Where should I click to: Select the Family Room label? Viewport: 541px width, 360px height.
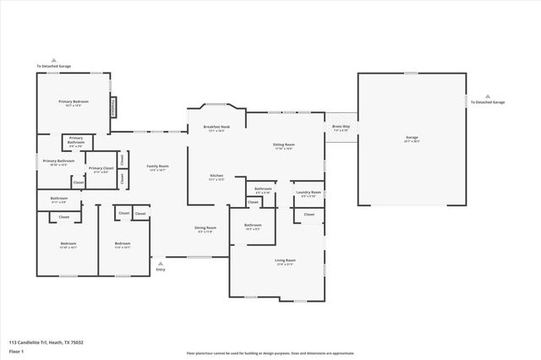tap(157, 166)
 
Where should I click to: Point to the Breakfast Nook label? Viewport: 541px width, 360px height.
tap(216, 128)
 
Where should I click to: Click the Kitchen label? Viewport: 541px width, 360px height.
tap(216, 176)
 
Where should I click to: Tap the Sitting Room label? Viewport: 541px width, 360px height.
tap(283, 145)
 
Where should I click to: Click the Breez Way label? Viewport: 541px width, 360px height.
tap(341, 128)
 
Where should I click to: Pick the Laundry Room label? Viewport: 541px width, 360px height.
tap(309, 193)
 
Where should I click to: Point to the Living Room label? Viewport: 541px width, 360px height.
tap(285, 260)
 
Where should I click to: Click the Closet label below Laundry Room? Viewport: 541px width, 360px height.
tap(309, 215)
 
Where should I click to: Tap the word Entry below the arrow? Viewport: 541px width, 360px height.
tap(161, 270)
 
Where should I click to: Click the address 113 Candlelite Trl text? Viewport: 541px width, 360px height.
tap(46, 342)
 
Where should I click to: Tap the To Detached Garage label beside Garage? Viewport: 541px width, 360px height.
tap(488, 101)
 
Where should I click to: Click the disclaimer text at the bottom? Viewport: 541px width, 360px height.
tap(270, 353)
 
